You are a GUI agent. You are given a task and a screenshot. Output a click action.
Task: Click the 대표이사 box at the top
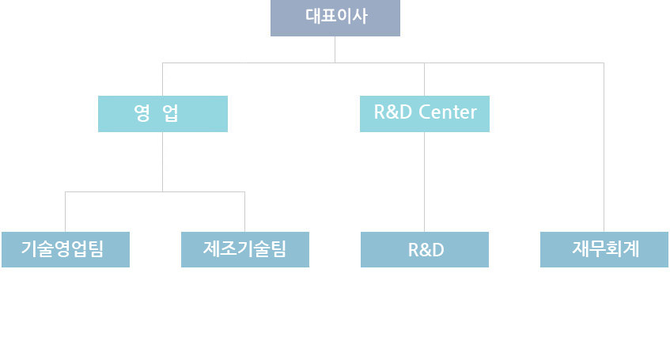[335, 17]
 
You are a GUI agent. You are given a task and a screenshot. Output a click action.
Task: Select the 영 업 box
[163, 113]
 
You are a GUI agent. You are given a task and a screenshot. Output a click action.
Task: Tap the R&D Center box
[425, 113]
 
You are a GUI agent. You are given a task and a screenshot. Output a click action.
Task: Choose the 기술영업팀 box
[65, 249]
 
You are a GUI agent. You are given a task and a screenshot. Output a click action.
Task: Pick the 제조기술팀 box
[245, 249]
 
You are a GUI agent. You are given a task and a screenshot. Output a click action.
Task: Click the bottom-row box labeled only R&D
[425, 249]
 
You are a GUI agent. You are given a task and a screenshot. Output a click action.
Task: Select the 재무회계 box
[604, 249]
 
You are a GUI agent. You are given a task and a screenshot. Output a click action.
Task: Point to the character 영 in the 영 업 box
[142, 113]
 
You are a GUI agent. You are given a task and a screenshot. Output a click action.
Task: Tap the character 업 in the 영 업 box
[170, 113]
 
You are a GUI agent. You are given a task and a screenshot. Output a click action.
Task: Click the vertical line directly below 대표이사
[335, 49]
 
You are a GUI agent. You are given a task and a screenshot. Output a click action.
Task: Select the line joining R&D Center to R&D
[425, 181]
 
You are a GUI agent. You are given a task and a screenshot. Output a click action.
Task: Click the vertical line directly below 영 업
[163, 161]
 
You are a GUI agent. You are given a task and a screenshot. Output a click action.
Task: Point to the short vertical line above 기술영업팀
[65, 211]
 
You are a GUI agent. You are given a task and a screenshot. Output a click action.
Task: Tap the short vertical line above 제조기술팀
[245, 211]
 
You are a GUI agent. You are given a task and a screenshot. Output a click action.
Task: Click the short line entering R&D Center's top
[425, 79]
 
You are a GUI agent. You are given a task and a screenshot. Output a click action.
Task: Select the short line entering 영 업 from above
[163, 79]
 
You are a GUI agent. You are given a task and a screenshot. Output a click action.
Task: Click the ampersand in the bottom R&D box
[426, 250]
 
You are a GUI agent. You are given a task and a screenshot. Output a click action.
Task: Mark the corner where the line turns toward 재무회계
[604, 63]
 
